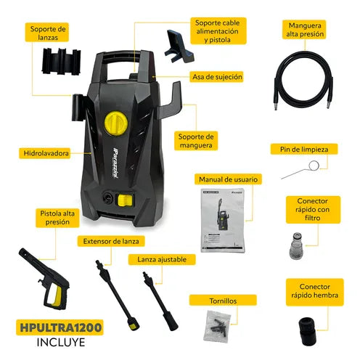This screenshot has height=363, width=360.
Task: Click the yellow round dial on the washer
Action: pyautogui.click(x=116, y=123)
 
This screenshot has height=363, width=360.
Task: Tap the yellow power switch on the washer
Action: pyautogui.click(x=125, y=200)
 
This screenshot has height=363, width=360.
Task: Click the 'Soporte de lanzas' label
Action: pyautogui.click(x=47, y=33)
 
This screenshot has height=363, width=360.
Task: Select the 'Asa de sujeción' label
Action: pyautogui.click(x=217, y=77)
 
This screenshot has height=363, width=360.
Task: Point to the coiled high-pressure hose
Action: pyautogui.click(x=303, y=80)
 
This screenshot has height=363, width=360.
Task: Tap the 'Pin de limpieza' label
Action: pyautogui.click(x=304, y=150)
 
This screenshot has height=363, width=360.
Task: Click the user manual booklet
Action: pyautogui.click(x=223, y=220)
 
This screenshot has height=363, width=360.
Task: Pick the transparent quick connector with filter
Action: pyautogui.click(x=296, y=245)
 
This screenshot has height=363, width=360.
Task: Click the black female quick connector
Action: pyautogui.click(x=308, y=331)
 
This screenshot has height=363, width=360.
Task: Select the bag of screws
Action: pyautogui.click(x=217, y=325)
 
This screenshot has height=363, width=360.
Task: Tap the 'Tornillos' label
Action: pyautogui.click(x=223, y=301)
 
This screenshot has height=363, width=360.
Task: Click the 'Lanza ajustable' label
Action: pyautogui.click(x=162, y=260)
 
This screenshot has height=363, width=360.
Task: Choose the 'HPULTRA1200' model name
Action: pyautogui.click(x=60, y=327)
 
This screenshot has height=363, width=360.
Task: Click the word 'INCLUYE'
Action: pyautogui.click(x=61, y=343)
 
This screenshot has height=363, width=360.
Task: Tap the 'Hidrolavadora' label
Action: pyautogui.click(x=45, y=153)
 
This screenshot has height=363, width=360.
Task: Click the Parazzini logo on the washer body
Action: pyautogui.click(x=116, y=163)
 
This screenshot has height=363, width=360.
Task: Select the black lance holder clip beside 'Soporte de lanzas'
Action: pyautogui.click(x=62, y=61)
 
